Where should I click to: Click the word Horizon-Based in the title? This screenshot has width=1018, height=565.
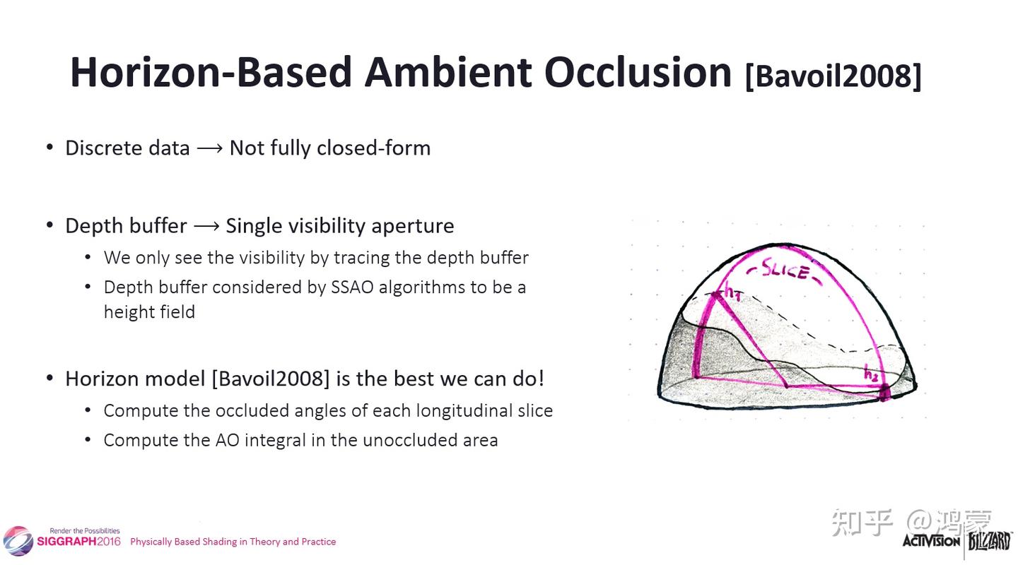pyautogui.click(x=211, y=73)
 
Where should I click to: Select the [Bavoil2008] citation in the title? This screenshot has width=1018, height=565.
pyautogui.click(x=833, y=76)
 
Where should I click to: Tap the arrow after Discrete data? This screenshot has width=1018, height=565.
pyautogui.click(x=209, y=148)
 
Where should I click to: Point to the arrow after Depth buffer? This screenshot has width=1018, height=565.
pyautogui.click(x=206, y=226)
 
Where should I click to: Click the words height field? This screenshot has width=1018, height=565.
pyautogui.click(x=150, y=312)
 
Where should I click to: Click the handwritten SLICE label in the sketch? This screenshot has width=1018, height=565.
pyautogui.click(x=785, y=270)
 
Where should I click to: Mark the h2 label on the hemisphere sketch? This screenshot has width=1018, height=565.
pyautogui.click(x=871, y=373)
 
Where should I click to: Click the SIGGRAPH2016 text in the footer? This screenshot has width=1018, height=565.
pyautogui.click(x=78, y=542)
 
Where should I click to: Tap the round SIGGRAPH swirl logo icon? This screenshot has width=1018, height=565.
pyautogui.click(x=18, y=541)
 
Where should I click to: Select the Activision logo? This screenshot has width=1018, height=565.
pyautogui.click(x=931, y=541)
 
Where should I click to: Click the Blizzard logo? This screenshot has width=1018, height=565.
pyautogui.click(x=990, y=542)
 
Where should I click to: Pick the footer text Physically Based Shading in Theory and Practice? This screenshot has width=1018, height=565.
pyautogui.click(x=233, y=542)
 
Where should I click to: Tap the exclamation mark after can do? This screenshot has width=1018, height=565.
pyautogui.click(x=541, y=379)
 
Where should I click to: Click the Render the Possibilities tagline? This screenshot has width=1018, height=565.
pyautogui.click(x=85, y=530)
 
